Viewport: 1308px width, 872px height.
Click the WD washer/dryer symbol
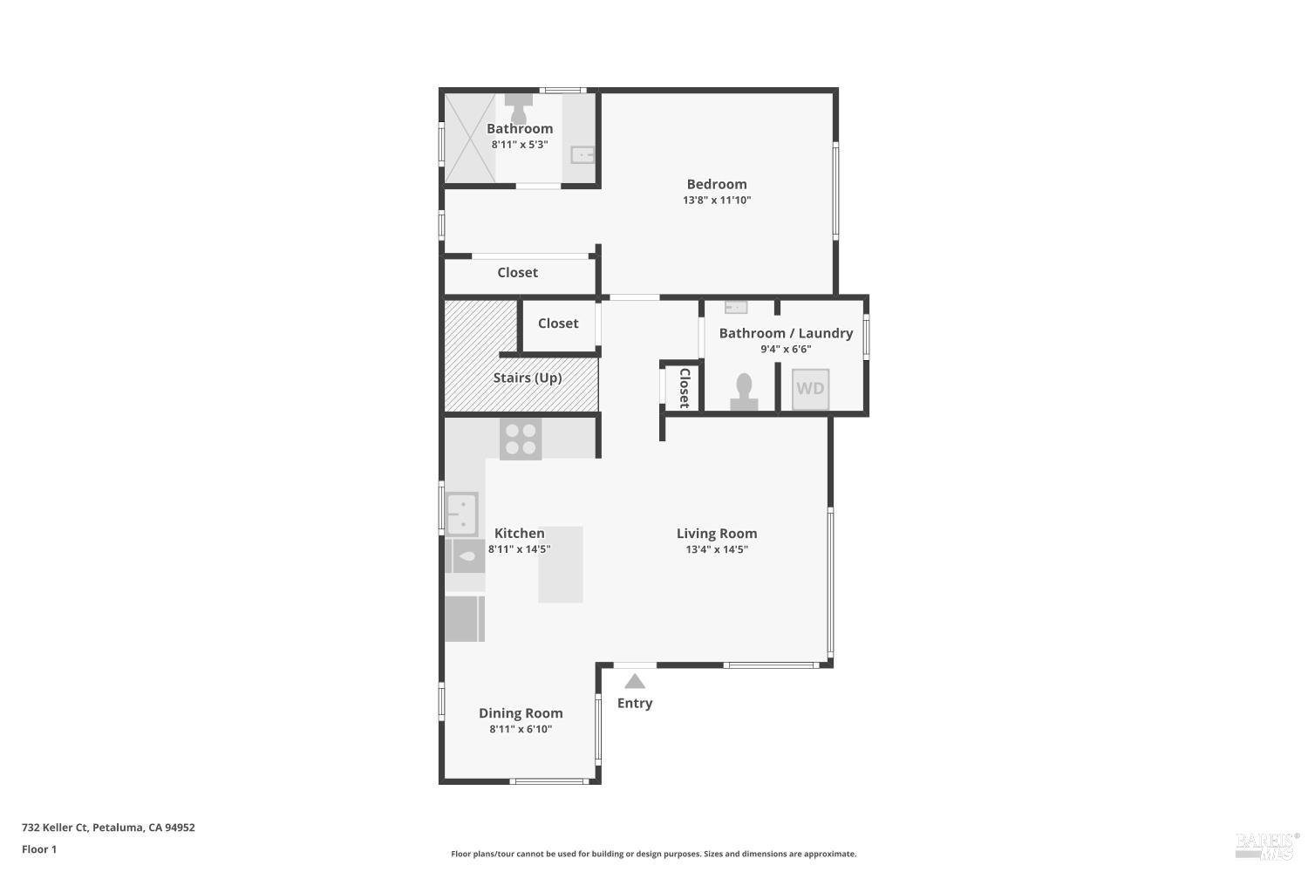(810, 389)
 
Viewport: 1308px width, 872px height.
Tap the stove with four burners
(521, 439)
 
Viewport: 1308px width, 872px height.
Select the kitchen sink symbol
(462, 514)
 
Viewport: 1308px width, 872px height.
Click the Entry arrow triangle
(635, 681)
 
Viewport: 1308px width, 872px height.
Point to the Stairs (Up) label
(528, 378)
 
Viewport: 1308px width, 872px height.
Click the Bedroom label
(717, 184)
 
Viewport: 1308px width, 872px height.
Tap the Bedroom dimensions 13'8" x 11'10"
(717, 201)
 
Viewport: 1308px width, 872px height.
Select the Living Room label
(717, 534)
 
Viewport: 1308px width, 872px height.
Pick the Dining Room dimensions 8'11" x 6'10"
(521, 730)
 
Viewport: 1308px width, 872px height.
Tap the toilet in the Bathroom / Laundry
(744, 391)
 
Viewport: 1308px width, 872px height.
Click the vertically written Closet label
(685, 388)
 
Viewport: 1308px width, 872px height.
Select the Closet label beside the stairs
(558, 324)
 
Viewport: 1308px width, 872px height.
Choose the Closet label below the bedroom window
(518, 273)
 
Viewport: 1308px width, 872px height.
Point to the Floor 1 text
(39, 849)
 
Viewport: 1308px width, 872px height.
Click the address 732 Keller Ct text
(108, 828)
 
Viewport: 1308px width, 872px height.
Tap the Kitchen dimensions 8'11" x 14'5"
(520, 549)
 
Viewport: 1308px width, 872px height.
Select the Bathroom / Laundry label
(786, 333)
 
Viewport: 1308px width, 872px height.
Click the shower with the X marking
(470, 137)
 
